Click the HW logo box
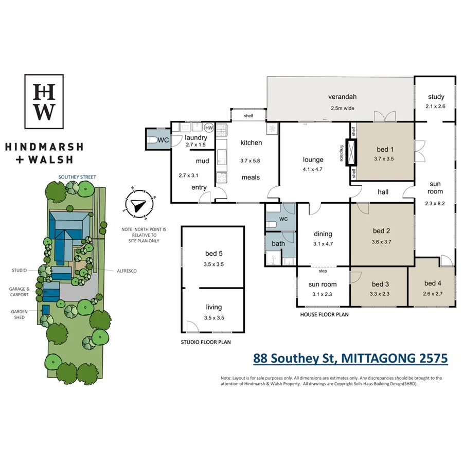pos(44,101)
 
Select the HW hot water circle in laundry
pos(209,128)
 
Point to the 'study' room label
pos(435,97)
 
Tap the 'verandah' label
pos(343,97)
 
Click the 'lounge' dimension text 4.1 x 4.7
pos(313,169)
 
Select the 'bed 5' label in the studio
pos(213,254)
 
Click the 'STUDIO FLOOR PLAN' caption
pos(205,342)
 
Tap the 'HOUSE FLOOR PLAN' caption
pos(324,313)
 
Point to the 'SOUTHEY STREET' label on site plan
pos(77,177)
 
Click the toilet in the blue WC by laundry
pos(153,139)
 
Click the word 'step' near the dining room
pos(323,271)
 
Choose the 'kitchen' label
pos(251,143)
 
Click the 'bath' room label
pos(278,243)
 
